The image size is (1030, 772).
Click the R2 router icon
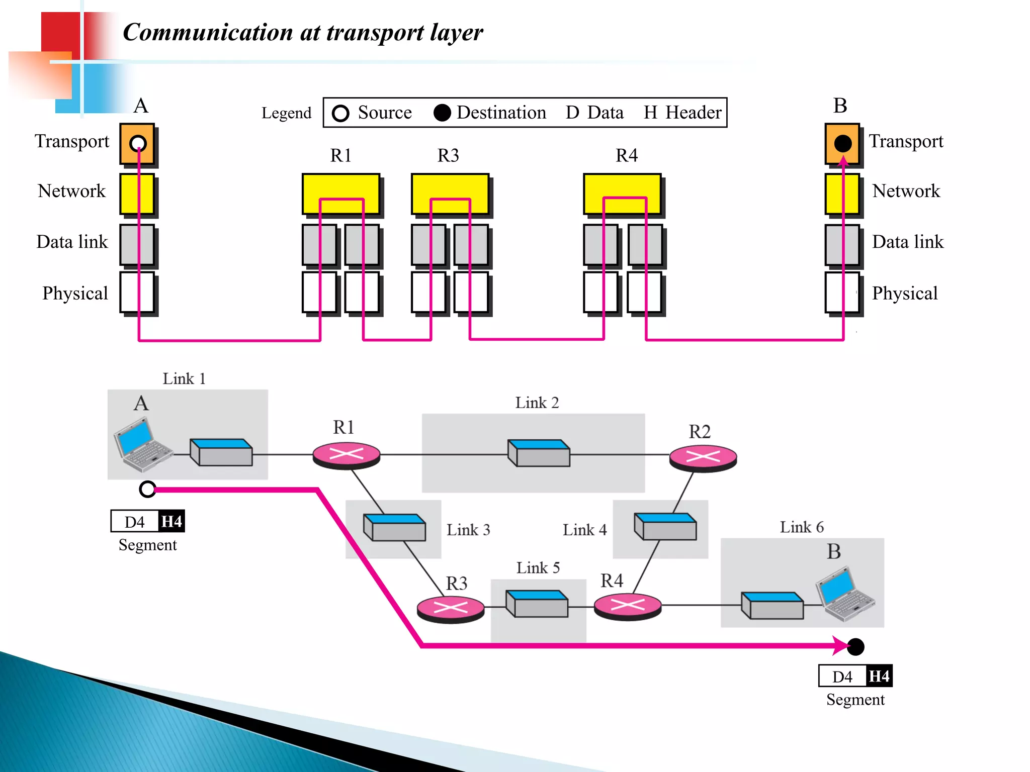703,457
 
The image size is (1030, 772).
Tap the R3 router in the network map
451,609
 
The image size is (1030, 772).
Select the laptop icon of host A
142,445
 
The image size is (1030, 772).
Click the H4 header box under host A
171,521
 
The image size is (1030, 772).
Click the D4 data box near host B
842,677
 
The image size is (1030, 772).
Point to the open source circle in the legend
340,113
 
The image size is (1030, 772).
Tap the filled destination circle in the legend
442,113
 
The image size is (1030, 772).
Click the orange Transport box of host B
842,143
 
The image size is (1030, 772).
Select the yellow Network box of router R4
622,194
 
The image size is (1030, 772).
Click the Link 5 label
538,568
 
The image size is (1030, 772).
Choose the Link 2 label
537,403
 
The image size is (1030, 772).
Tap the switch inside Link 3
394,527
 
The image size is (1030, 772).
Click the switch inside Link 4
665,526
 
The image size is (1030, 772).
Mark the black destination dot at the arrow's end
855,647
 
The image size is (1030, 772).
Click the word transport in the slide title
375,33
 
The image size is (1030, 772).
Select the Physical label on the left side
75,293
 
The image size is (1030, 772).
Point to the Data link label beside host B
907,242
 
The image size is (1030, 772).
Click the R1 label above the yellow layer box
340,156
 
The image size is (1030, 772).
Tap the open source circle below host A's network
147,489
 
